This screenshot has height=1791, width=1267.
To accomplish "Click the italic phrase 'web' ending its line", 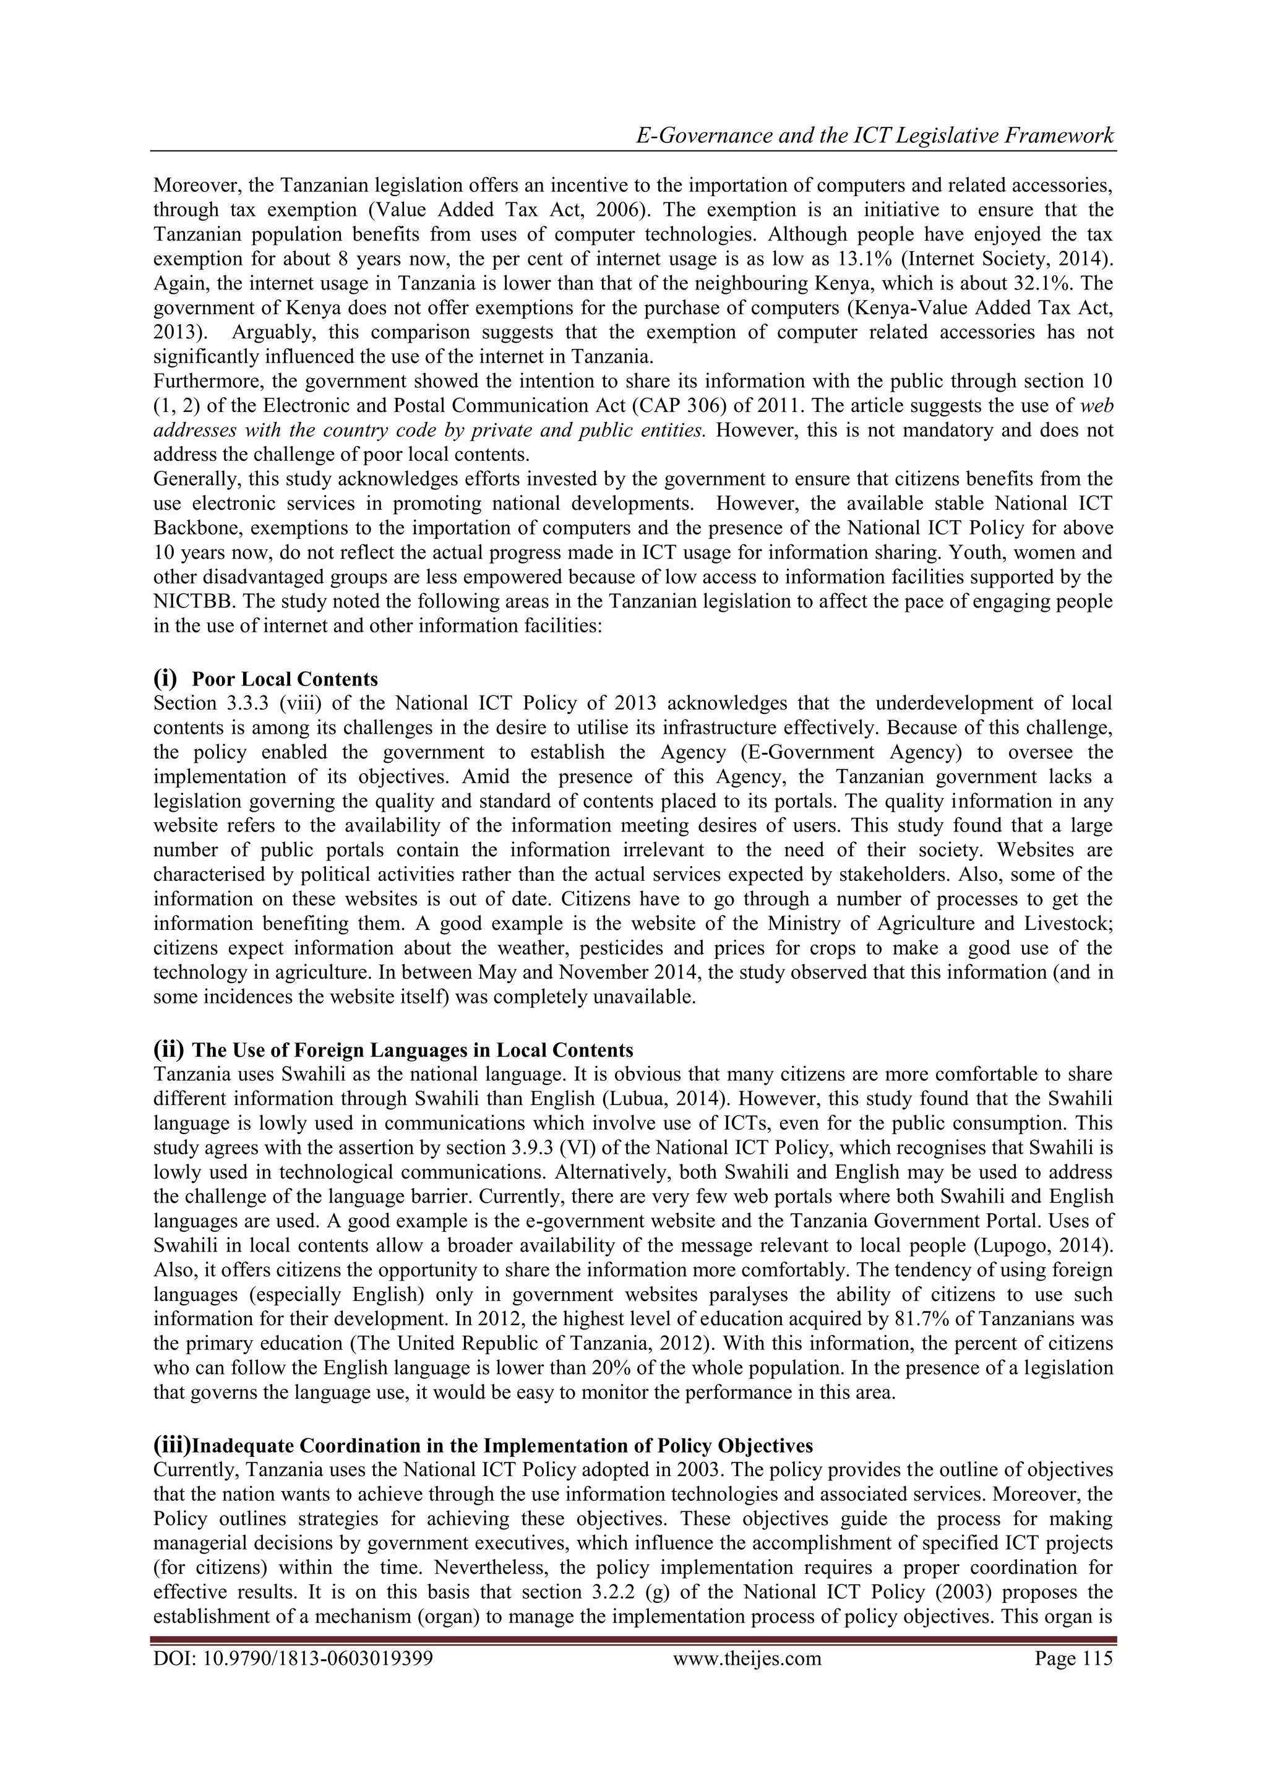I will tap(1096, 406).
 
